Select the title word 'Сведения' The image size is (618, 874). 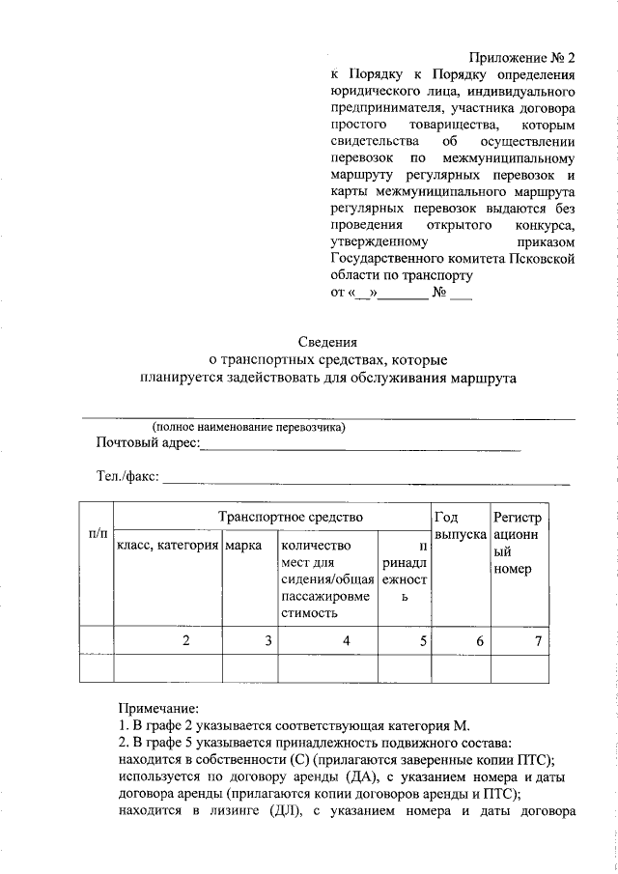point(327,341)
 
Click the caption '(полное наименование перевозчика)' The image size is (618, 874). point(248,426)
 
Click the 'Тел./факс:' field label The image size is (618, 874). point(128,476)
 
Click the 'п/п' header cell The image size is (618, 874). point(97,532)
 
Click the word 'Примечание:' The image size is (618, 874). point(159,708)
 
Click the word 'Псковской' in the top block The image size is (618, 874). point(543,260)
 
